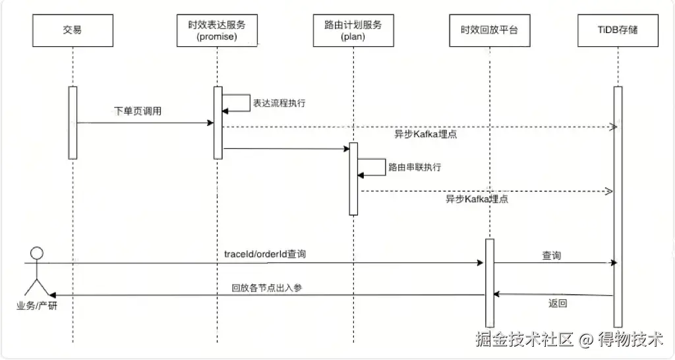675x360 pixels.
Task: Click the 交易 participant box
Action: coord(73,30)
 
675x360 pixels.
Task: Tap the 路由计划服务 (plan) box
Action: coord(353,30)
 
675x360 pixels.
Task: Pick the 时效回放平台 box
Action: coord(490,30)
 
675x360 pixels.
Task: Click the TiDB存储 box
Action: coord(618,30)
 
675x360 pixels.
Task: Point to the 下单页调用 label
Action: coord(138,111)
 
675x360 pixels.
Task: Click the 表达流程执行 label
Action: coord(279,104)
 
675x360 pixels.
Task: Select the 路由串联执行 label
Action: coord(415,167)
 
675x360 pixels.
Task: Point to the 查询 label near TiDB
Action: coord(552,255)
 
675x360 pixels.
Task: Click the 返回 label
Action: coord(558,304)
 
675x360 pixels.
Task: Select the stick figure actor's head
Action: coord(38,253)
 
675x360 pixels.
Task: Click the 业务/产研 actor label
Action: coord(37,306)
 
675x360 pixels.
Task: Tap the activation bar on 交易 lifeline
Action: coord(73,123)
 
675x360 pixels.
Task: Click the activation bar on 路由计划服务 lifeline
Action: coord(353,178)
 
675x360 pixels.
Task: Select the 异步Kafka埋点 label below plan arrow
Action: coord(477,198)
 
